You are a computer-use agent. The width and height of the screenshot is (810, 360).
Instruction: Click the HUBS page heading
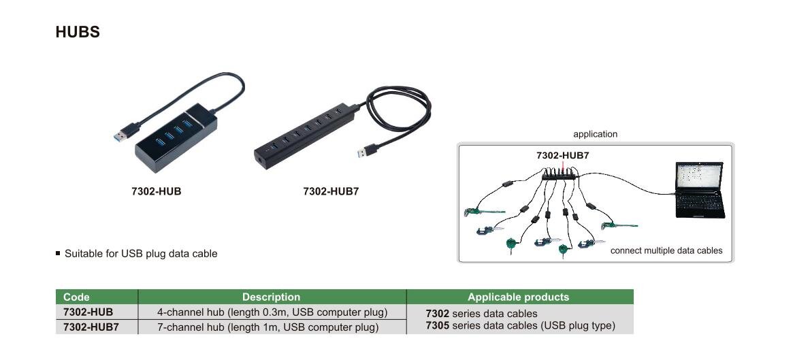(x=78, y=32)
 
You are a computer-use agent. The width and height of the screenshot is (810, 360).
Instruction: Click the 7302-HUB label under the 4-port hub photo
(x=157, y=192)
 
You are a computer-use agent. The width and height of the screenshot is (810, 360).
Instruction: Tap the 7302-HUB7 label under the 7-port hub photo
(x=331, y=192)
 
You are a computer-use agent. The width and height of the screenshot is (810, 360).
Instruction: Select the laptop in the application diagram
(x=699, y=190)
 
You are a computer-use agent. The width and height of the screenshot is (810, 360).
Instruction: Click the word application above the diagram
(x=595, y=134)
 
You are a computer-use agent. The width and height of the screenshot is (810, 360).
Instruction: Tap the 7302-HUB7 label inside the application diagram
(x=562, y=155)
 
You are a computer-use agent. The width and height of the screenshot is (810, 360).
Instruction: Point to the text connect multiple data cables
(x=666, y=251)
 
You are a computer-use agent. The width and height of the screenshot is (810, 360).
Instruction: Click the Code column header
(x=76, y=297)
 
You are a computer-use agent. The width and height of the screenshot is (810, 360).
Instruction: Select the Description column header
(x=271, y=297)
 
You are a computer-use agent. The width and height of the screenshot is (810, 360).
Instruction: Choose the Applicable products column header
(x=518, y=297)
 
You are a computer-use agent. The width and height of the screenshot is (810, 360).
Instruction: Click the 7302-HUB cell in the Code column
(x=88, y=312)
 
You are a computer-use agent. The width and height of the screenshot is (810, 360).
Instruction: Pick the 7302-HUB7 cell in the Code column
(x=91, y=327)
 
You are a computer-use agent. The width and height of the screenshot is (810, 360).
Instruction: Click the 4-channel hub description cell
(x=272, y=312)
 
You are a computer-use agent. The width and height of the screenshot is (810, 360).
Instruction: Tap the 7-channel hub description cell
(x=268, y=327)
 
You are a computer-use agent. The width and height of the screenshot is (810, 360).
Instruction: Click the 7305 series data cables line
(x=520, y=326)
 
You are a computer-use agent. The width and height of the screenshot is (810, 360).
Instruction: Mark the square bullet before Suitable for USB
(x=58, y=253)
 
